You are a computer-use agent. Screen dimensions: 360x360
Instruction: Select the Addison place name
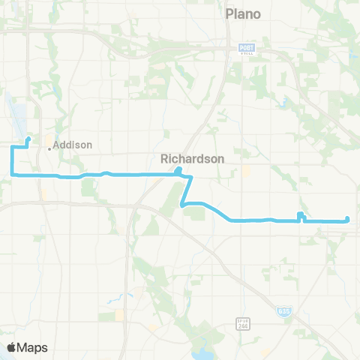coord(73,144)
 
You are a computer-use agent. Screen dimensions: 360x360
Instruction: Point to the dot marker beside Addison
coord(49,148)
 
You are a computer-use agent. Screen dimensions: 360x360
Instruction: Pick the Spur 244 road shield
coord(254,323)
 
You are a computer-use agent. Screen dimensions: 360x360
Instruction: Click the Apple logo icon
coord(11,347)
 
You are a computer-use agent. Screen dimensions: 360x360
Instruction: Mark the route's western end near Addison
coord(28,139)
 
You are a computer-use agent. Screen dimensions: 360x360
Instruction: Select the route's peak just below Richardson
coord(178,170)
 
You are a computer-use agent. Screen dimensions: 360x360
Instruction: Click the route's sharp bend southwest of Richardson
coord(182,203)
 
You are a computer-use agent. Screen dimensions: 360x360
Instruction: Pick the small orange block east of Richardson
coord(245,170)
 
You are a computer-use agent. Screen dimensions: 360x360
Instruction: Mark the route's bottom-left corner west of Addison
coord(13,174)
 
